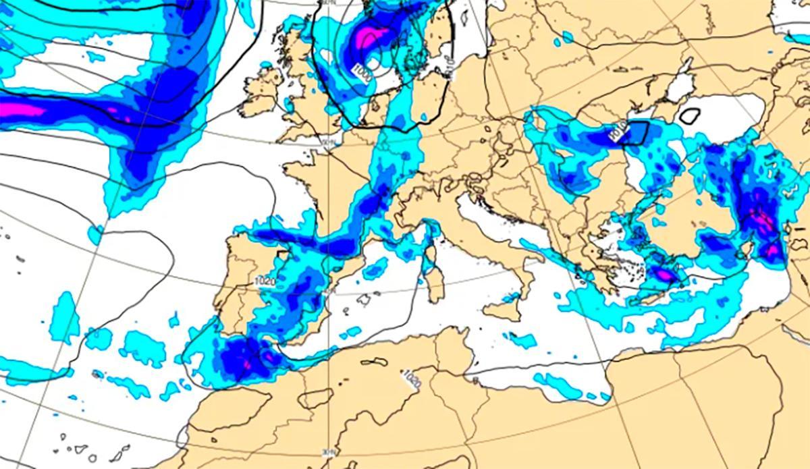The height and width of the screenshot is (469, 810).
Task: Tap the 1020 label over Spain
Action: point(265,280)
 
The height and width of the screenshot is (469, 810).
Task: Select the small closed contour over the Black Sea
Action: point(689,115)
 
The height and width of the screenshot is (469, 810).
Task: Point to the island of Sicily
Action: point(502,310)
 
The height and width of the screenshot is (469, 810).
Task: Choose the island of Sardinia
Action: point(435,284)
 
